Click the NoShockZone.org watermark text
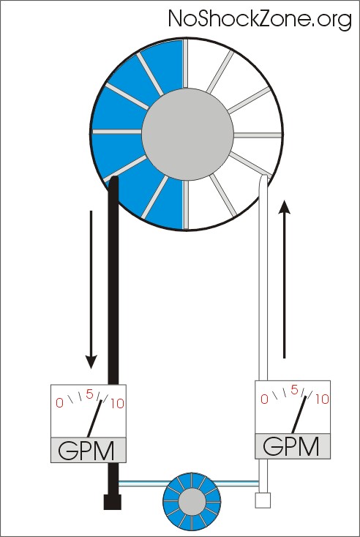click(260, 19)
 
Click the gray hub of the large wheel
click(188, 134)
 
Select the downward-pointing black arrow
click(91, 290)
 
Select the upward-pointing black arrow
click(284, 279)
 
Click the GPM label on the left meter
click(86, 451)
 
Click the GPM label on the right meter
click(290, 446)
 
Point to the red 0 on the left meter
click(59, 403)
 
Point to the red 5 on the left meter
click(89, 394)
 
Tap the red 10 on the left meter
click(117, 404)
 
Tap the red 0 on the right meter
click(264, 399)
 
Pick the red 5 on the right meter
click(294, 390)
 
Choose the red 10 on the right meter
click(322, 399)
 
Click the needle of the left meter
click(94, 418)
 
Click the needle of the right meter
click(299, 414)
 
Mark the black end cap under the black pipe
click(113, 502)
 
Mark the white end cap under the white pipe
click(263, 500)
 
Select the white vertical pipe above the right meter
click(263, 278)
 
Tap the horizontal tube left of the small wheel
click(141, 483)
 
